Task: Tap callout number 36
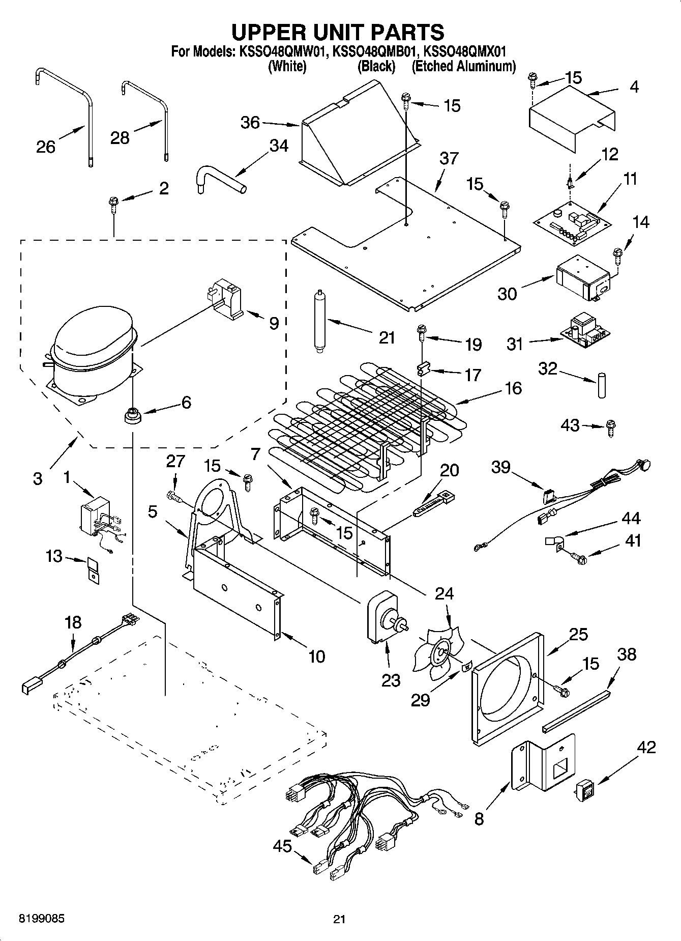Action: coord(250,123)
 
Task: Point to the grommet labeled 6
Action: coord(132,415)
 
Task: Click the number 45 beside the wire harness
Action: coord(282,846)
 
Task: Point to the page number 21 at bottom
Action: coord(339,919)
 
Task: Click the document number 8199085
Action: coord(42,919)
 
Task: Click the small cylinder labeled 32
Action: coord(602,386)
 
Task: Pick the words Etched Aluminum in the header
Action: coord(463,67)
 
